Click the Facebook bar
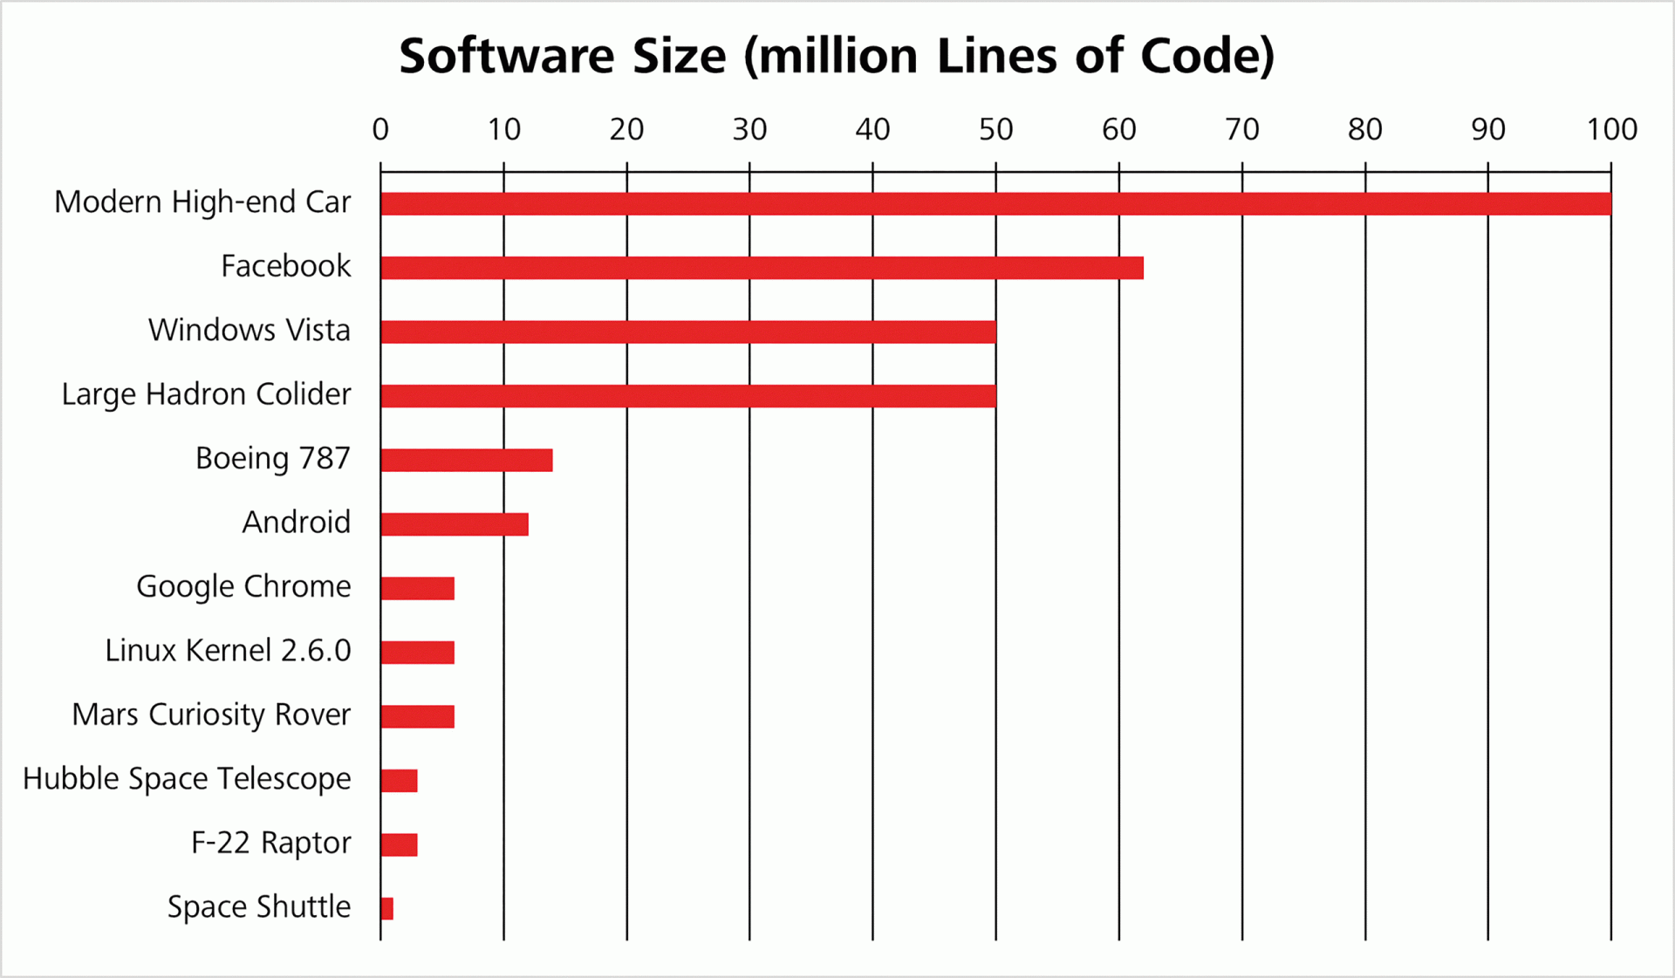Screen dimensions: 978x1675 tap(762, 268)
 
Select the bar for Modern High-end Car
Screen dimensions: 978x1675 tap(995, 203)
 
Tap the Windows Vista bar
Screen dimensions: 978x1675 tap(688, 332)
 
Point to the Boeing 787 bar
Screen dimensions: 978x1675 tap(467, 460)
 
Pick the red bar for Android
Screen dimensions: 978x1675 tap(455, 524)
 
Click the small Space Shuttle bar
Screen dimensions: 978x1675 tap(387, 908)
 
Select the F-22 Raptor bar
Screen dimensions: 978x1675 tap(400, 845)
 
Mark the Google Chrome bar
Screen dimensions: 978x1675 tap(418, 588)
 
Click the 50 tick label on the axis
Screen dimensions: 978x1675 tap(995, 130)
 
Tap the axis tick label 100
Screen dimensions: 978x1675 tap(1611, 130)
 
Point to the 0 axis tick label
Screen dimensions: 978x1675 tap(380, 130)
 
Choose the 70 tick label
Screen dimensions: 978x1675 tap(1242, 130)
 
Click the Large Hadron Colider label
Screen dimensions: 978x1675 tap(206, 394)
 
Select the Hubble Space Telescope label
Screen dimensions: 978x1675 tap(187, 779)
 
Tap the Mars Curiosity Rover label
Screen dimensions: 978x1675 tap(211, 715)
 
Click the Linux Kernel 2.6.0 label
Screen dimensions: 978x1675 tap(228, 651)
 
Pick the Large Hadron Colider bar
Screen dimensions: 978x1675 tap(688, 396)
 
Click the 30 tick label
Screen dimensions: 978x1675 tap(749, 130)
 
